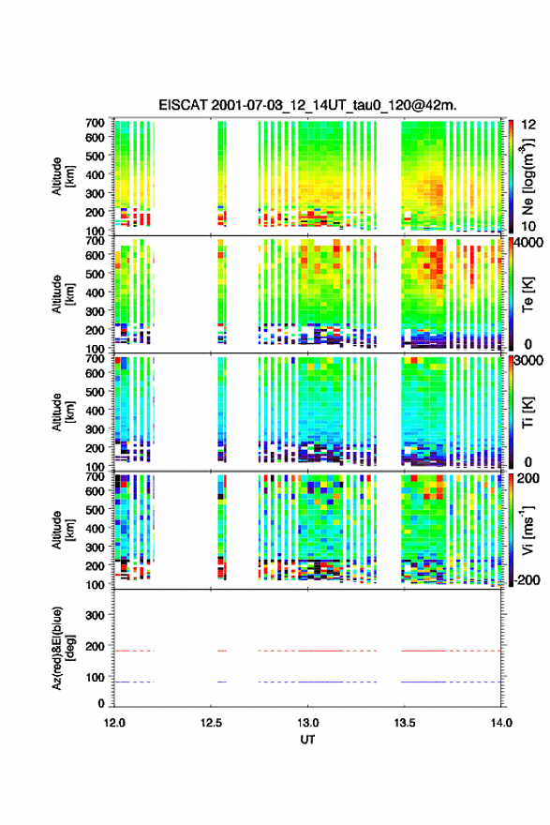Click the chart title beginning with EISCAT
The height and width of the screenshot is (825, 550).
tap(307, 105)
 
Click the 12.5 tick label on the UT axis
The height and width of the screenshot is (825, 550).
tap(211, 723)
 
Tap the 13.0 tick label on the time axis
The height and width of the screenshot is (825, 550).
tap(307, 723)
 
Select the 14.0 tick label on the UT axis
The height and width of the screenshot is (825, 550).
tap(501, 723)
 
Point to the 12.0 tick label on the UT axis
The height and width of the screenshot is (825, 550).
tap(114, 723)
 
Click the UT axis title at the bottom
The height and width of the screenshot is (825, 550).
tap(307, 740)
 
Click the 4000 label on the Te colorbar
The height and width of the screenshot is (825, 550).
tap(529, 243)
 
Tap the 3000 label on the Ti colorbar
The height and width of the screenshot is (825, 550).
tap(529, 360)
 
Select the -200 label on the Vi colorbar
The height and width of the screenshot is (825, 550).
tap(526, 579)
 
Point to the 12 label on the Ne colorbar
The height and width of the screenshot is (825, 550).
tap(528, 125)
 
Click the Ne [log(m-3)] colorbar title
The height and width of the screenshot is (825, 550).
tap(528, 175)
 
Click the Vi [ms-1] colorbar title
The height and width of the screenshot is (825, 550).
tap(528, 530)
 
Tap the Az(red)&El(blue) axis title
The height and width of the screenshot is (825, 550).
tap(63, 648)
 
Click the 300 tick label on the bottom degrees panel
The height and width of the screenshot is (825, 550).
tap(95, 615)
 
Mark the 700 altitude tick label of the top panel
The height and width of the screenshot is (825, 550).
tap(95, 123)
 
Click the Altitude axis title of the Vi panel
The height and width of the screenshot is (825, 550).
tap(63, 530)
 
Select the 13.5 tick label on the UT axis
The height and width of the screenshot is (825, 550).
tap(405, 723)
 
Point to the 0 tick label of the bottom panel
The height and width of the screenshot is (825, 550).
tap(101, 703)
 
